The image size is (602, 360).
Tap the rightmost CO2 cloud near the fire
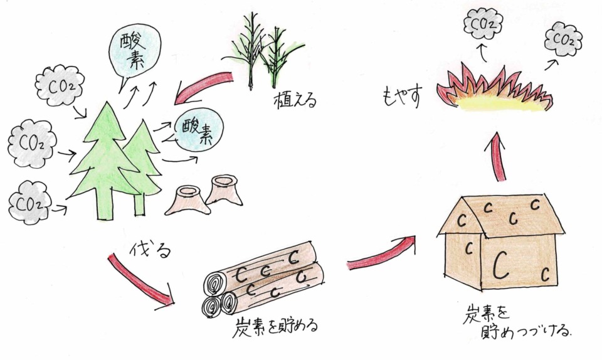(x=564, y=39)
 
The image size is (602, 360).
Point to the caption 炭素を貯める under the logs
(x=277, y=326)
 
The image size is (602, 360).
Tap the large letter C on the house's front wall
(x=500, y=264)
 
